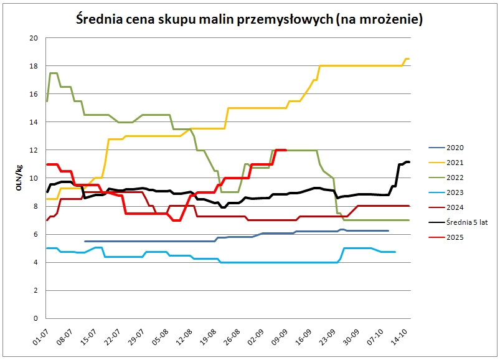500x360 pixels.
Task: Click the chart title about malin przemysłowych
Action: pos(250,19)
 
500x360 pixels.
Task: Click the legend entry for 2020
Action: pos(455,148)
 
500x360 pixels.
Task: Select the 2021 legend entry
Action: pos(455,163)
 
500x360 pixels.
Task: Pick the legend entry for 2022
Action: pos(455,178)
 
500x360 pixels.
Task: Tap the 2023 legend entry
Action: pos(455,192)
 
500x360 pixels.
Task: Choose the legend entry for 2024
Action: pos(455,207)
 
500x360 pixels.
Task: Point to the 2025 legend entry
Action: pos(455,237)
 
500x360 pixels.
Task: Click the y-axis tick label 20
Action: pos(34,38)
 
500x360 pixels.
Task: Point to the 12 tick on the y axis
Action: pos(34,150)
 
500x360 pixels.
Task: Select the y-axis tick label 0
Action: pos(35,318)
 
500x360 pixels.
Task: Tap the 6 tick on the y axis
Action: pos(35,234)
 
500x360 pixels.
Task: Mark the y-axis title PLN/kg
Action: pos(21,178)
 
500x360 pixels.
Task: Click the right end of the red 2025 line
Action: pos(285,150)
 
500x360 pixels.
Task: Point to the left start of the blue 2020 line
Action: pos(85,241)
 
